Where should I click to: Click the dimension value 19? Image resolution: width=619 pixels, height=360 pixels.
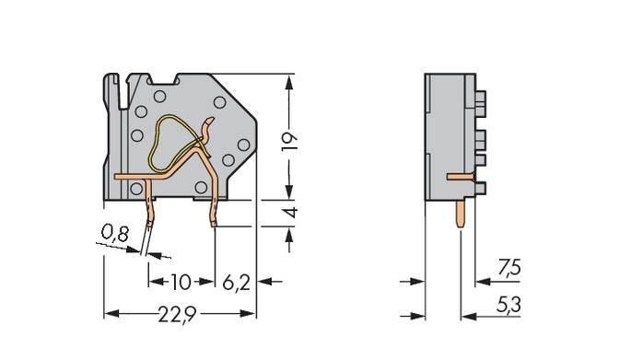(x=291, y=139)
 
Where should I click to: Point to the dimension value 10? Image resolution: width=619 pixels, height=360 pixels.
(x=182, y=280)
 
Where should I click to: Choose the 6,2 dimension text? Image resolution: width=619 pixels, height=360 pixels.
(x=236, y=280)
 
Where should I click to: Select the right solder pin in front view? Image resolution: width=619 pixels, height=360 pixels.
(x=214, y=210)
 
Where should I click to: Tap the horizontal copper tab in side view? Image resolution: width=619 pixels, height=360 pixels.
(x=460, y=174)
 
